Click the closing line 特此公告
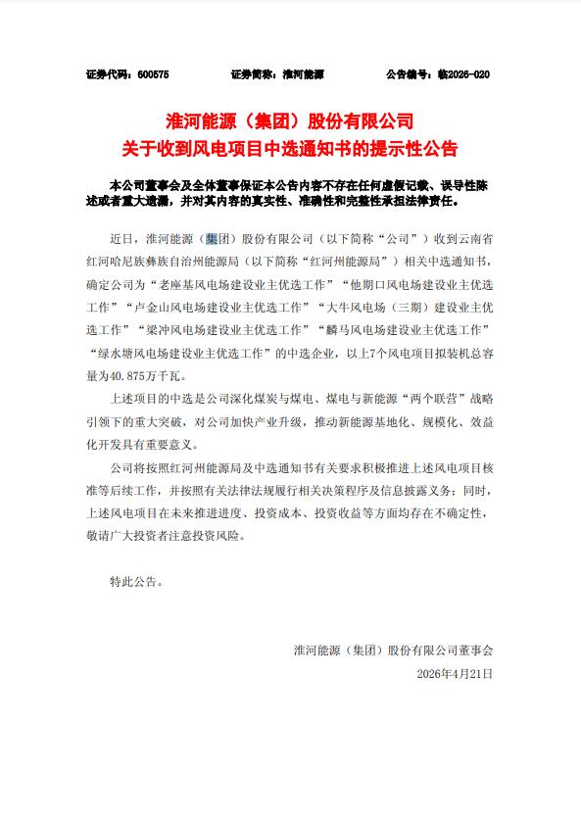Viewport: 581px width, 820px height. tap(137, 581)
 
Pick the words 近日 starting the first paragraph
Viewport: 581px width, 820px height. tap(121, 238)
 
